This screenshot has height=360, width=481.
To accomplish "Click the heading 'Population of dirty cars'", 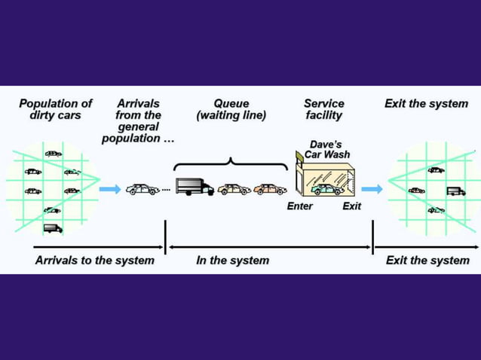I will [55, 109].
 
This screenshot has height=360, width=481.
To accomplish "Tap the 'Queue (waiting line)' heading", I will [231, 109].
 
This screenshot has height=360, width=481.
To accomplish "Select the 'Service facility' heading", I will [323, 109].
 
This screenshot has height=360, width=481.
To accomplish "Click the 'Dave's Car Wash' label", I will [326, 148].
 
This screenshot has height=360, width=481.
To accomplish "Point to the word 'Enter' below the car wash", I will [299, 206].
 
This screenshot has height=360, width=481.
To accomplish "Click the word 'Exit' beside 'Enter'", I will [351, 206].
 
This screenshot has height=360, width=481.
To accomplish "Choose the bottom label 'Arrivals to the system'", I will [94, 261].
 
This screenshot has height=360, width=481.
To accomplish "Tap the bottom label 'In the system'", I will [232, 261].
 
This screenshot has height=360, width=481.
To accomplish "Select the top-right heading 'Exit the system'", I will [426, 103].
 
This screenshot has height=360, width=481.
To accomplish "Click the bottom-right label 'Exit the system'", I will [427, 261].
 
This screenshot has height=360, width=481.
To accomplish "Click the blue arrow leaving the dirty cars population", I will [109, 189].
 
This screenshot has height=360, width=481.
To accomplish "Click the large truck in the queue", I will [195, 187].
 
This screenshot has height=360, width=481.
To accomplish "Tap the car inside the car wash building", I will [326, 188].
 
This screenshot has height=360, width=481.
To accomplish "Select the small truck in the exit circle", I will [455, 191].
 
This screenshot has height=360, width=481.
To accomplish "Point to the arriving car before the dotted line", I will [142, 189].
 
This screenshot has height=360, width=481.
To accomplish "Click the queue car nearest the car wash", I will [269, 189].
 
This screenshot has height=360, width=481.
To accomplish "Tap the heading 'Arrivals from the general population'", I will [138, 121].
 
